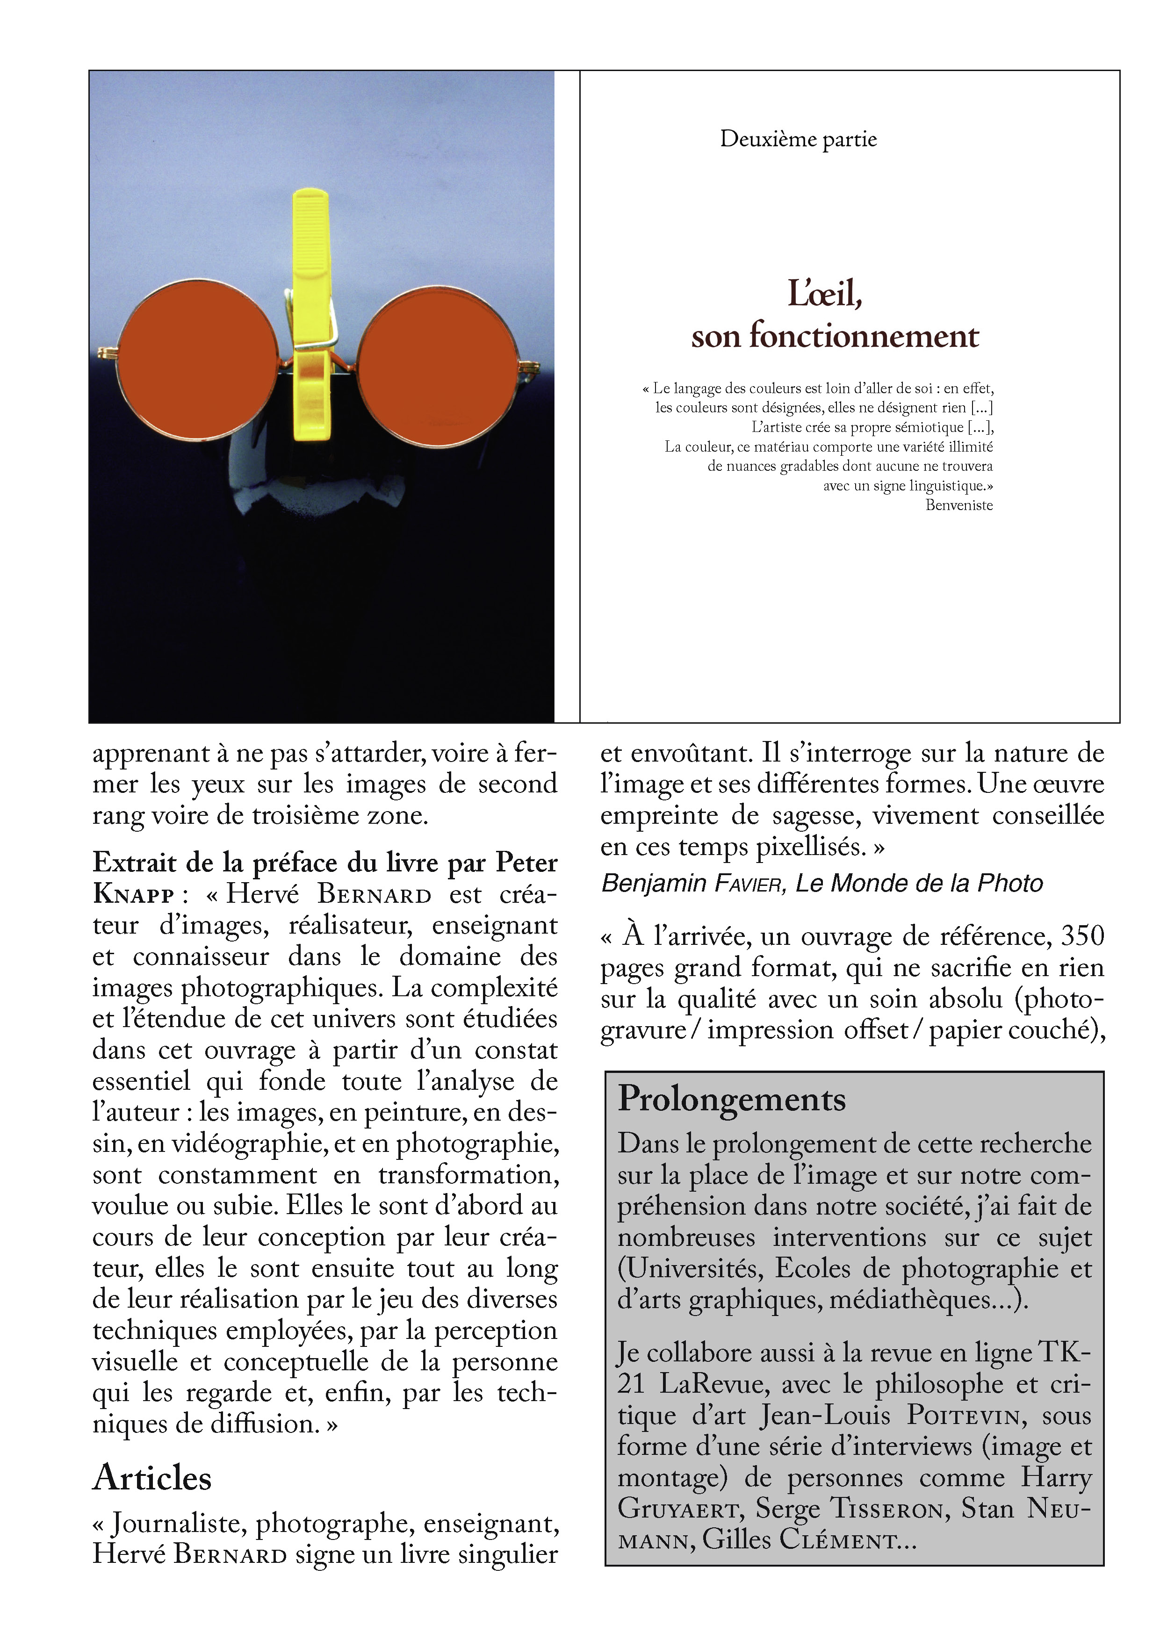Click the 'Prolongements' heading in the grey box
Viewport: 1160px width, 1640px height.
(x=731, y=1099)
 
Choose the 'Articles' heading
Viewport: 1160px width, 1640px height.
(x=152, y=1478)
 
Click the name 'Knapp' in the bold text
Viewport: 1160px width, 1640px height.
(x=134, y=895)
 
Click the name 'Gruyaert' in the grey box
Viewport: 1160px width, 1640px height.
(x=677, y=1509)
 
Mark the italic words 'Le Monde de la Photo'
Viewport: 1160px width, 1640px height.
(x=919, y=884)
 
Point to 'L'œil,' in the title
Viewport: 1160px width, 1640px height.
(x=825, y=294)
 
